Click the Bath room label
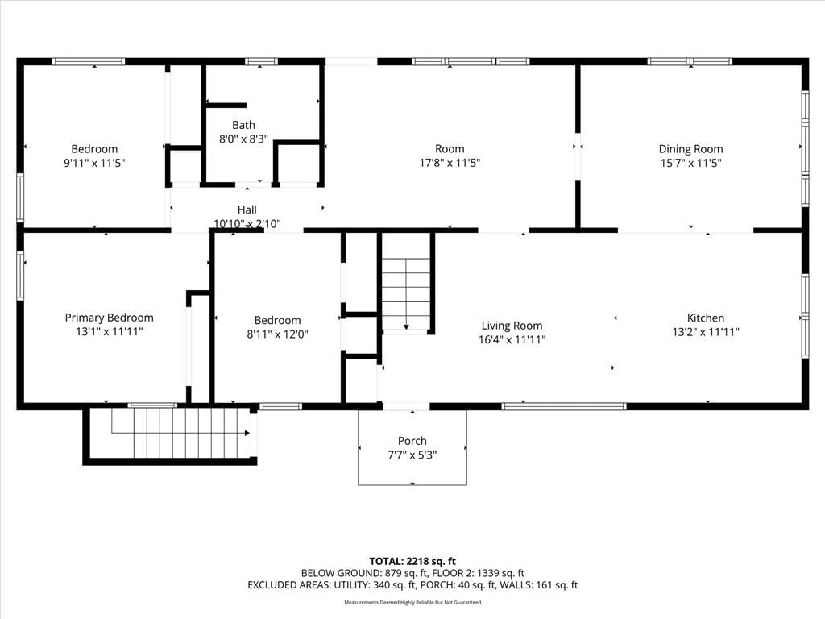coord(243,125)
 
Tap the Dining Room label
coord(690,149)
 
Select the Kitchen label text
coord(706,318)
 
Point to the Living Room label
coord(512,326)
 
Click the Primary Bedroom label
coord(110,318)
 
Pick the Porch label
coord(412,441)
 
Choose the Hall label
coord(247,210)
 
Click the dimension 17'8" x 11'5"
coord(450,163)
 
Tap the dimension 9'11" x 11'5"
coord(94,163)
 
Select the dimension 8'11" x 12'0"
coord(277,334)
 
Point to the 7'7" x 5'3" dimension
coord(412,455)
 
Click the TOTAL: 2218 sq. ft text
coord(412,561)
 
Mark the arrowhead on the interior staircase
coord(406,327)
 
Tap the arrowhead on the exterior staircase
coord(247,433)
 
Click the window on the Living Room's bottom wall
coord(564,406)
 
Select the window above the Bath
coord(261,61)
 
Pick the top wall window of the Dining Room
coord(690,61)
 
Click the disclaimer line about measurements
coord(412,603)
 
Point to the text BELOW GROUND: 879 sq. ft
coord(363,573)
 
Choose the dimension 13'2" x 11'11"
coord(706,332)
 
